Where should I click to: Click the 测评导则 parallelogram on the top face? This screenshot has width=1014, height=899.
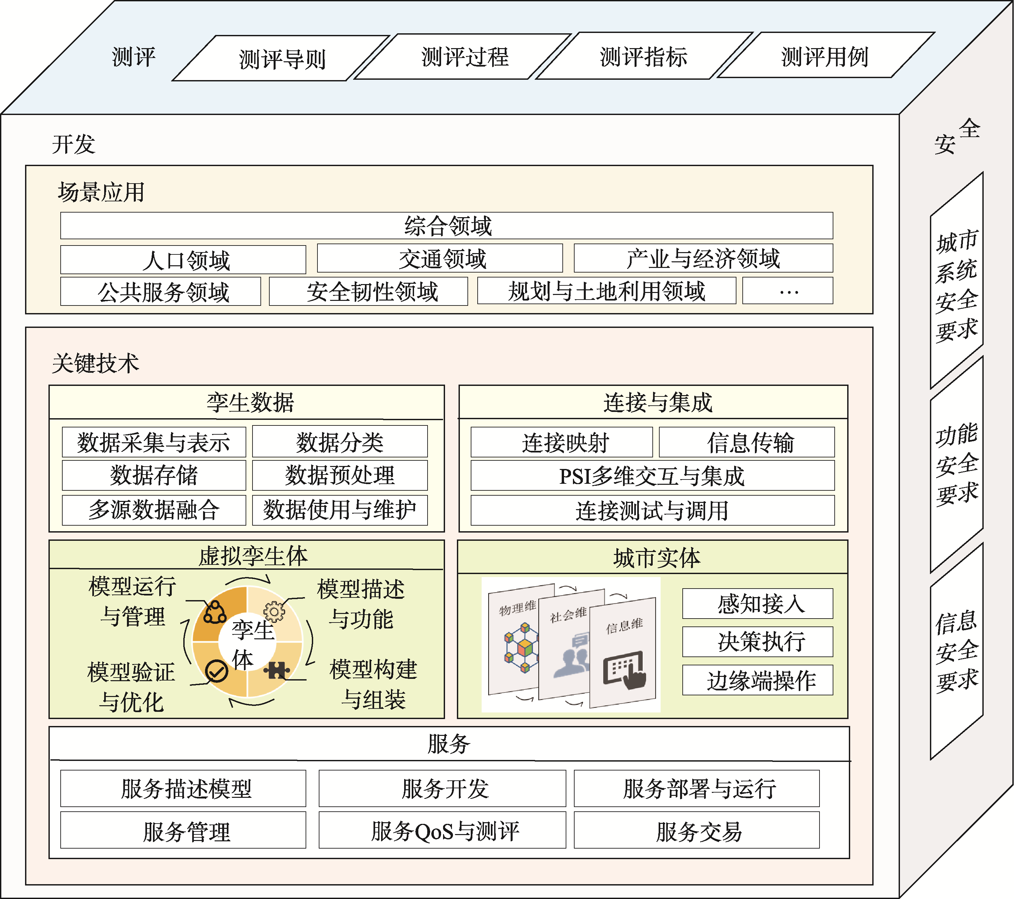281,59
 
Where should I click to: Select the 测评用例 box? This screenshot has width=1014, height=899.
825,56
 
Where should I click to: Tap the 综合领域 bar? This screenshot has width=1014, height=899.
446,226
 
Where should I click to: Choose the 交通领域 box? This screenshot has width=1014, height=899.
440,259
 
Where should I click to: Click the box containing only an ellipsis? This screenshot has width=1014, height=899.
788,291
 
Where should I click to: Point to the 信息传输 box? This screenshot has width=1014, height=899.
747,442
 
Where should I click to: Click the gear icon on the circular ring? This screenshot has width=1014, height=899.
274,611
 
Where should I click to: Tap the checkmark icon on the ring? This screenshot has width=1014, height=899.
216,671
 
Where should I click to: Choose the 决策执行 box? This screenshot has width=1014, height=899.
758,642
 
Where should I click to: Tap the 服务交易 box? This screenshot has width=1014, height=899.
697,830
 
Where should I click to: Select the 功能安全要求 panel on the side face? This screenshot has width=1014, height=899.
956,464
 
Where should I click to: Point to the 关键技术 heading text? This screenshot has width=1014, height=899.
95,363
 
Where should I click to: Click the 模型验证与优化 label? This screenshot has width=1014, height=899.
132,687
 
